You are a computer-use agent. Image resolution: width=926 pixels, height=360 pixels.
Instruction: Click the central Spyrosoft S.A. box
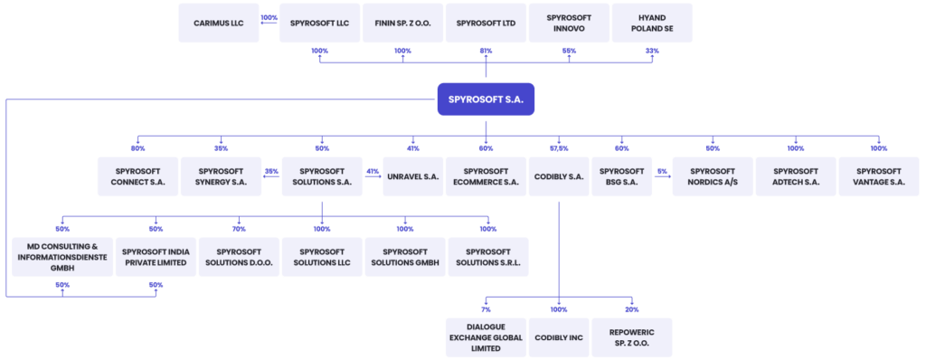point(486,99)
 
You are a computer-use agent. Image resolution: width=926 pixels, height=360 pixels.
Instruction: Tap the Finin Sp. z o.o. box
point(402,23)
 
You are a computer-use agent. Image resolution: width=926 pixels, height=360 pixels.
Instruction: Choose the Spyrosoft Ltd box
point(486,23)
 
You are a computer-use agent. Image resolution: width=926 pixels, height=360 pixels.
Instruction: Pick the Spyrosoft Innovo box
point(569,23)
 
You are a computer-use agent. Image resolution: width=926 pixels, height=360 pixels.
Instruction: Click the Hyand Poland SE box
point(652,23)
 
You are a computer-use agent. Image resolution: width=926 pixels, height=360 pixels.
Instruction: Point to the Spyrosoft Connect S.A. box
point(137,176)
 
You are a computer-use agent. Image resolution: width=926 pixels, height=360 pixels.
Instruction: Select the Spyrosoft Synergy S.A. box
point(221,176)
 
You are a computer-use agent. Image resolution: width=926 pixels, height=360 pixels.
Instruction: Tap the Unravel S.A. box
point(413,176)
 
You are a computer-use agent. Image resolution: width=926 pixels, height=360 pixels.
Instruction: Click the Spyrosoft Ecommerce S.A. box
point(486,176)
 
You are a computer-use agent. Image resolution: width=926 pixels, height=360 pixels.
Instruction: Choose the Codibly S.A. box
point(558,176)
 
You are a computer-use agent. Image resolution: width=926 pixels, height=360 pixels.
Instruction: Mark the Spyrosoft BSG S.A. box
point(621,176)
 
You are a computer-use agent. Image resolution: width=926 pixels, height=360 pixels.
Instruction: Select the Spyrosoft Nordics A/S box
point(713,176)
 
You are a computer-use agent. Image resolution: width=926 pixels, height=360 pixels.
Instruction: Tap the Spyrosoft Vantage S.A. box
point(879,176)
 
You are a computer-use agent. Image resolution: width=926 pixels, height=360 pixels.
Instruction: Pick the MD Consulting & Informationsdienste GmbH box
point(62,257)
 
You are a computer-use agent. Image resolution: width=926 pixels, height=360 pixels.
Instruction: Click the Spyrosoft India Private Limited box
point(156,257)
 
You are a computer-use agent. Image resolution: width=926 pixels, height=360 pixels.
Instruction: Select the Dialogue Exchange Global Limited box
point(486,336)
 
